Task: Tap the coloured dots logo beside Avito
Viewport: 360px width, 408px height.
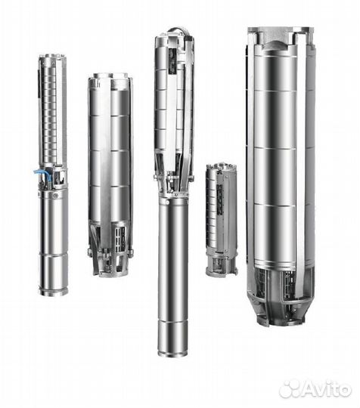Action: point(290,388)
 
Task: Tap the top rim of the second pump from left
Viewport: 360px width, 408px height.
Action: point(110,76)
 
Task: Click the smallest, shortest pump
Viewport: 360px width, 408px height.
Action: point(220,219)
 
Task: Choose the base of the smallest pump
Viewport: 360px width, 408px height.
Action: point(221,270)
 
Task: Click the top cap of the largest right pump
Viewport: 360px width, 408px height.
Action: point(279,32)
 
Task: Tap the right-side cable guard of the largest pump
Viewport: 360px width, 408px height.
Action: point(310,166)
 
